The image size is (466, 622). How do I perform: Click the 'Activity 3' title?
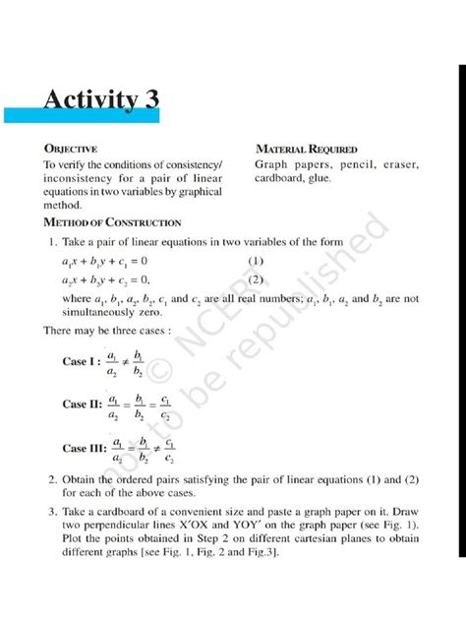click(x=100, y=99)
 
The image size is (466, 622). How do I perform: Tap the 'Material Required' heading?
click(x=306, y=148)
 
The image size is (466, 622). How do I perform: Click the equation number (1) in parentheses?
click(x=257, y=261)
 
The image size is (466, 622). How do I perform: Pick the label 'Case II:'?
click(x=83, y=404)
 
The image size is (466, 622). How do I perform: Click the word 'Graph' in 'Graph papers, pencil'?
click(x=273, y=163)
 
